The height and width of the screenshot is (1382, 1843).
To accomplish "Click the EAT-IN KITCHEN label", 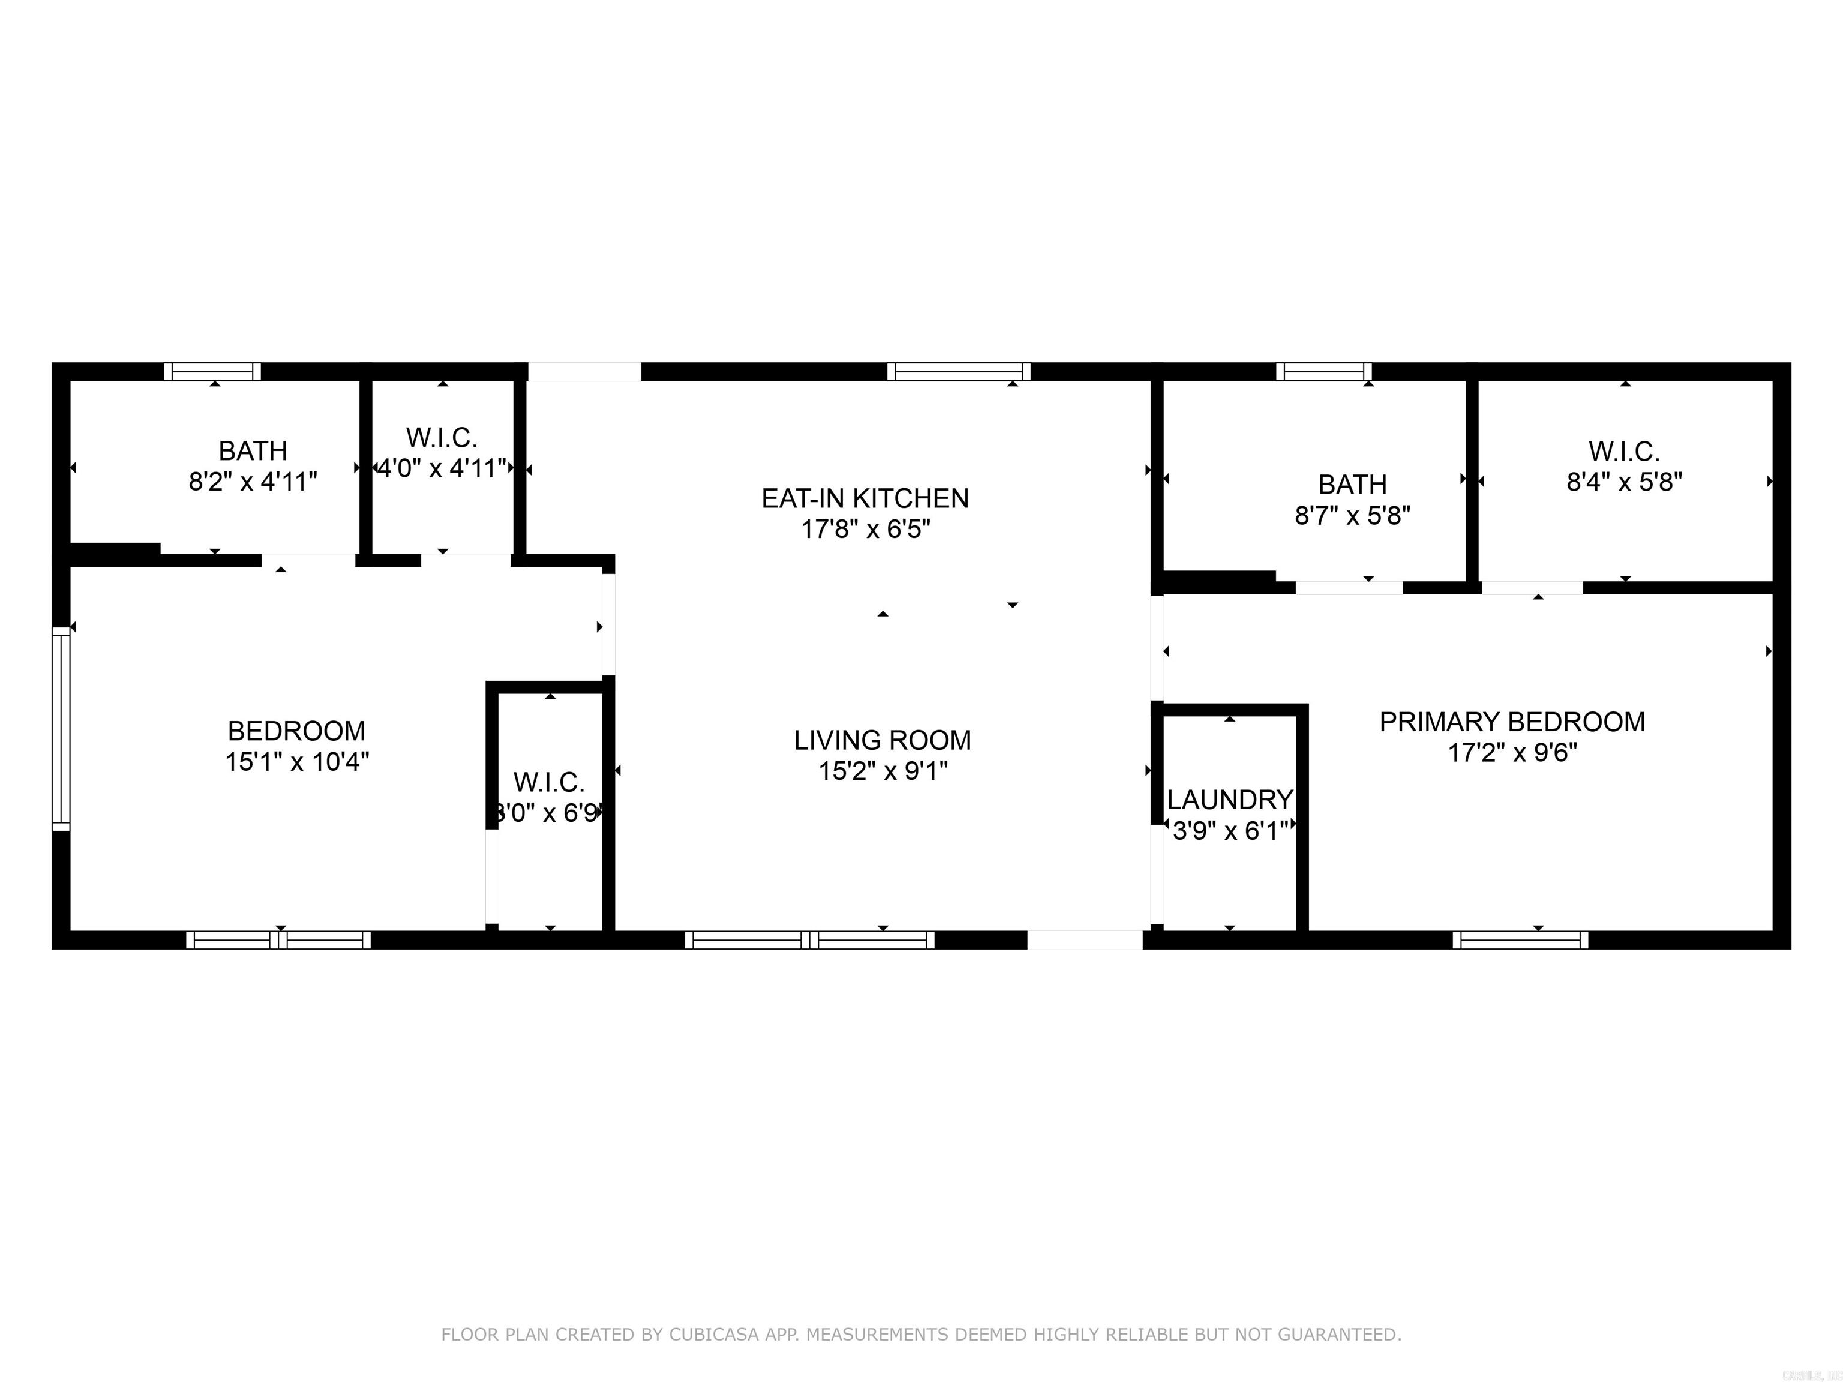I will pos(865,498).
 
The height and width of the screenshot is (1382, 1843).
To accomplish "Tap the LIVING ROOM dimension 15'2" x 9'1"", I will pos(883,771).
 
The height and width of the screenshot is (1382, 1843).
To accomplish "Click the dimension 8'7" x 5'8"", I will pos(1352,516).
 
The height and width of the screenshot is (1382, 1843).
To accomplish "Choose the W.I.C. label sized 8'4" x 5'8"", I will pos(1624,452).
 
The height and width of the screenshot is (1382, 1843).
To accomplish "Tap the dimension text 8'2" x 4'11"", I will pos(253,482).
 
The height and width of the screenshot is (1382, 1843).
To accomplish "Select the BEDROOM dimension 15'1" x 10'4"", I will pos(296,761).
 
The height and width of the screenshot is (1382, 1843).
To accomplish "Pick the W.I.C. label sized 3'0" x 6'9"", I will pos(548,782).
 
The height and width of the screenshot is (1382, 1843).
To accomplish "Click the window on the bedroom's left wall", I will pos(61,728).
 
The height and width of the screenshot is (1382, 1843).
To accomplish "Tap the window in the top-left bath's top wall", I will pos(212,371).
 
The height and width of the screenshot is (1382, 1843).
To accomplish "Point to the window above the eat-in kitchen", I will pos(958,371).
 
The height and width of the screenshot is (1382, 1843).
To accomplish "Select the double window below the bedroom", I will pos(278,940).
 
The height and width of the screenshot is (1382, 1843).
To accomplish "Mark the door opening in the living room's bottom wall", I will pos(1084,940).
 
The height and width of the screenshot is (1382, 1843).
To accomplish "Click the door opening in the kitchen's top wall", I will pos(584,371).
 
